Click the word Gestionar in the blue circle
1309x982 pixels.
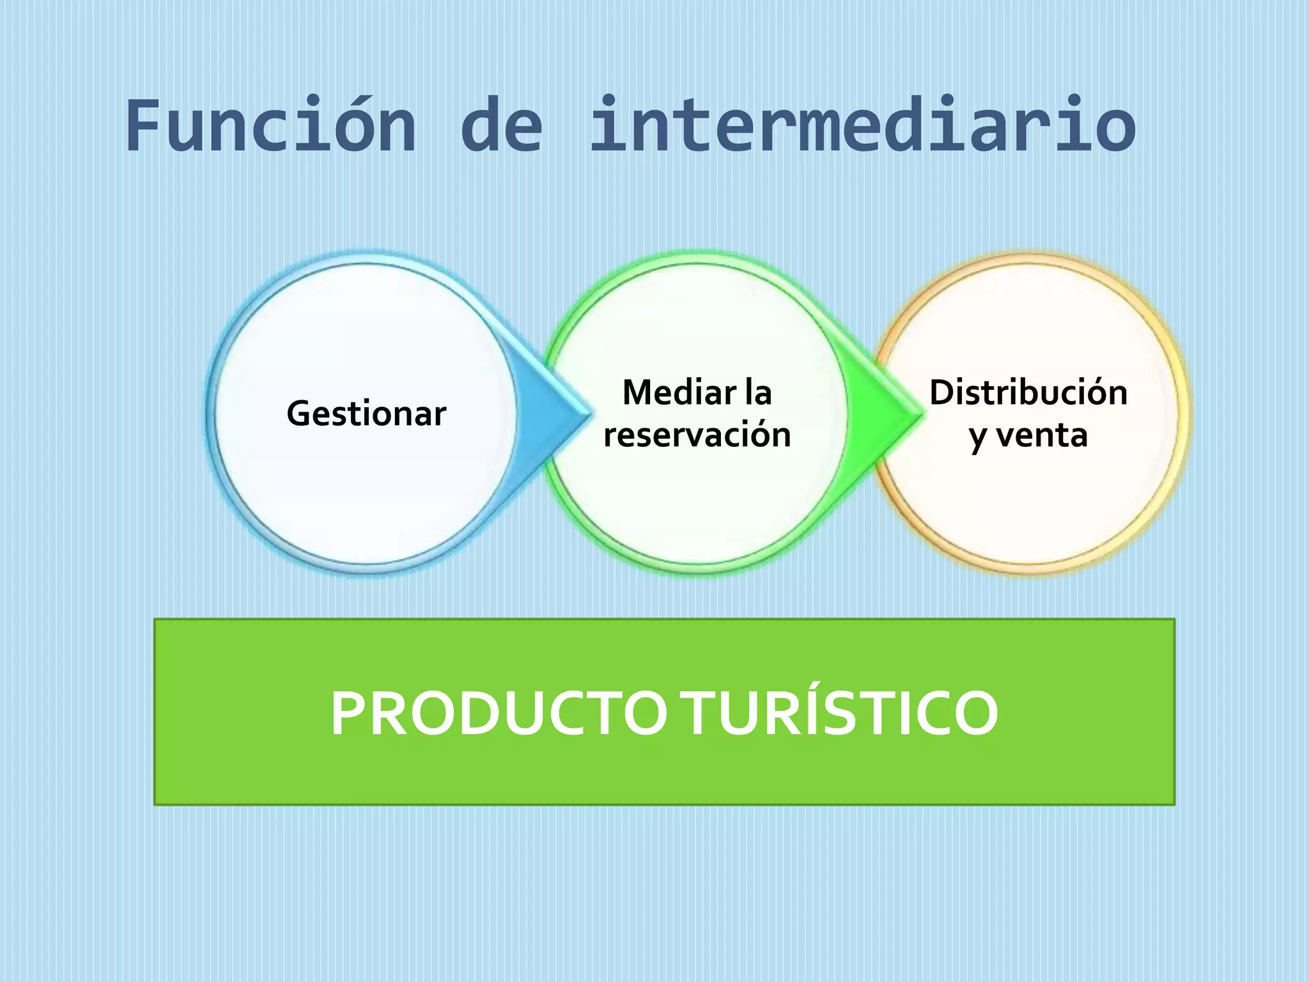point(366,414)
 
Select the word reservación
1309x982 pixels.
point(697,435)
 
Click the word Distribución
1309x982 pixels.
point(1028,393)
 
